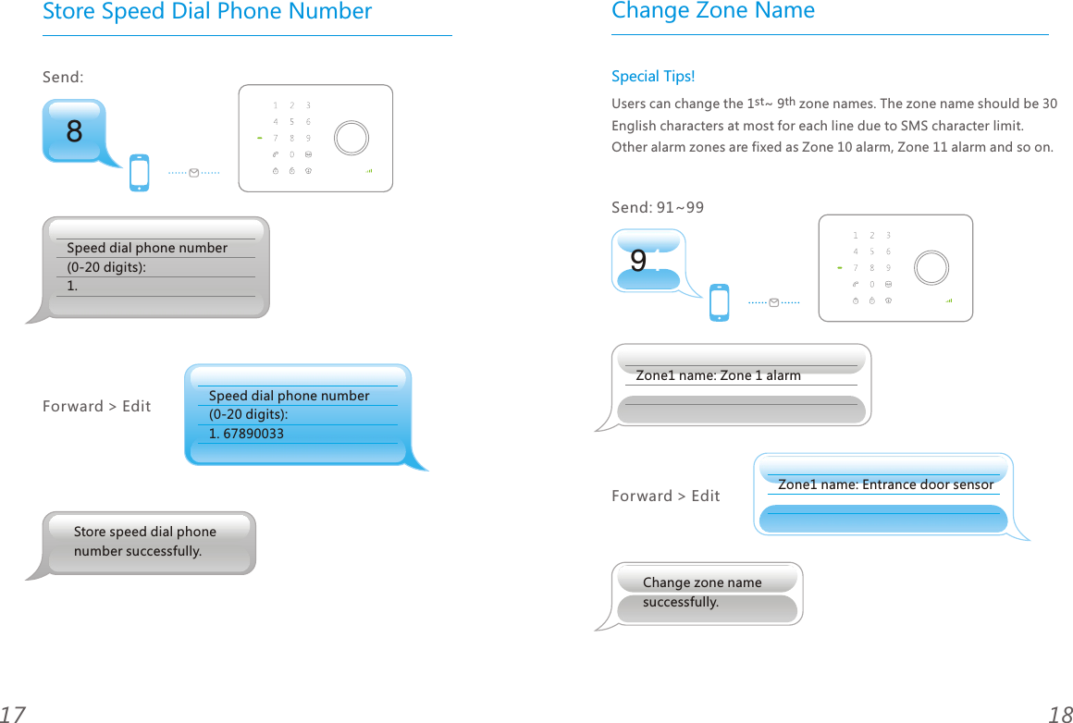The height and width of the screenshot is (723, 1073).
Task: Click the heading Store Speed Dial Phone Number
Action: [x=207, y=12]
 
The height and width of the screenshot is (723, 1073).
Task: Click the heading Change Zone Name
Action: [x=713, y=11]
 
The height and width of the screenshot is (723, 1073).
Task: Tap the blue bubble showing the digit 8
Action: [x=75, y=131]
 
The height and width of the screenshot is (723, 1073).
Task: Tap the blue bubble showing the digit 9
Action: [x=647, y=261]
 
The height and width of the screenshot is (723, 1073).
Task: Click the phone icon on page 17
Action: [x=139, y=172]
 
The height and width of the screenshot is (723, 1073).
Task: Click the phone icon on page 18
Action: [x=719, y=302]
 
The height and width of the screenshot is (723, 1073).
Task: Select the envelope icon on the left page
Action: [x=193, y=173]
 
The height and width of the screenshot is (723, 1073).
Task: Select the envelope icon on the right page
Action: [x=773, y=302]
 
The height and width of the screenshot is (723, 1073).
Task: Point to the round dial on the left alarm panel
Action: [x=351, y=138]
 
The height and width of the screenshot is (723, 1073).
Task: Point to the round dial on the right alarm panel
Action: [x=931, y=267]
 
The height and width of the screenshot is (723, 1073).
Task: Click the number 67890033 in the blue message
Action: [x=253, y=434]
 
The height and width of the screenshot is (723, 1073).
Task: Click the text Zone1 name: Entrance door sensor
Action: [x=885, y=484]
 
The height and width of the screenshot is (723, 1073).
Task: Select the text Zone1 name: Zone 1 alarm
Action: [x=718, y=375]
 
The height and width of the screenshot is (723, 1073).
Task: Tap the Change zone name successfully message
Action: [x=702, y=592]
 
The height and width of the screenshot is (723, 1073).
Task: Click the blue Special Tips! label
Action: [x=652, y=76]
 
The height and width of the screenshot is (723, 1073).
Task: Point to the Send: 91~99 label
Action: [x=657, y=207]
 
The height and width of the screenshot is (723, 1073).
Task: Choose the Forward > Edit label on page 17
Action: [x=96, y=407]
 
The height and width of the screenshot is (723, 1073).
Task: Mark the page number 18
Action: [x=1059, y=714]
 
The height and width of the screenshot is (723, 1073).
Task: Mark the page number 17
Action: [x=13, y=714]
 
